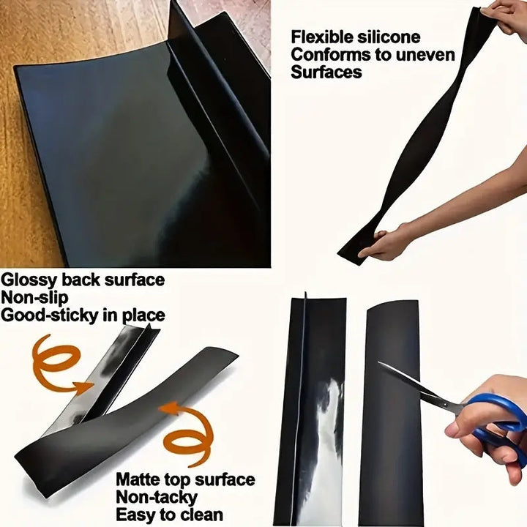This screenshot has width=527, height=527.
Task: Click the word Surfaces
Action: point(326,72)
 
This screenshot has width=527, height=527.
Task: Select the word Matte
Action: point(140,480)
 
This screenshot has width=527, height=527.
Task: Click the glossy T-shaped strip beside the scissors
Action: point(311,410)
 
